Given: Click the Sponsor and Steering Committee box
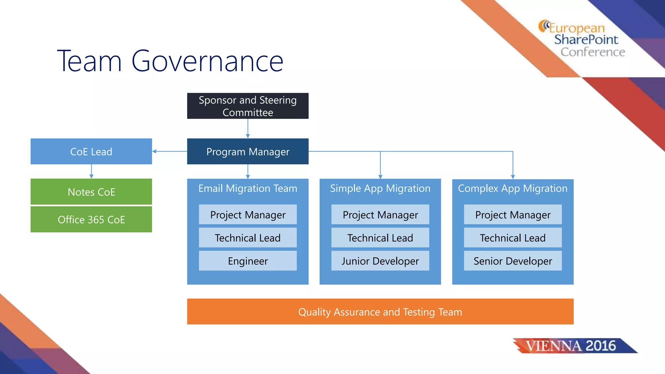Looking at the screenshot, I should (248, 106).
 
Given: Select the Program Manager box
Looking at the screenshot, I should (248, 152).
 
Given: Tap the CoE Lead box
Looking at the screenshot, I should (91, 152).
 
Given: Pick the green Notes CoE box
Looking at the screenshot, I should (91, 192).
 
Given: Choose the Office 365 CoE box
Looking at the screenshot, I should (91, 220).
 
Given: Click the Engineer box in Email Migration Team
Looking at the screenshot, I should (248, 261).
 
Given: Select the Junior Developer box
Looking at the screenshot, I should (380, 261).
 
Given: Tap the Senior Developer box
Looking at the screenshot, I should (513, 261).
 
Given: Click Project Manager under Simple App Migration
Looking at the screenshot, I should (380, 215).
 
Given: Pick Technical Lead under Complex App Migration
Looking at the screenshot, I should (513, 238).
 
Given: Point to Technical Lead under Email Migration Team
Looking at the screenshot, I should (248, 238).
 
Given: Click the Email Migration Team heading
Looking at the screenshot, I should (248, 189).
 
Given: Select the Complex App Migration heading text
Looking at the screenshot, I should (513, 189).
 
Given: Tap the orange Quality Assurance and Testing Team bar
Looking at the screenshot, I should (380, 312).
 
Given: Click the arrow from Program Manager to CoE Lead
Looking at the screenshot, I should (169, 151).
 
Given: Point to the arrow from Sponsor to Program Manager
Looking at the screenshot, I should (248, 129).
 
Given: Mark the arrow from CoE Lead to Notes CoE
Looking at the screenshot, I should (91, 171).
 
